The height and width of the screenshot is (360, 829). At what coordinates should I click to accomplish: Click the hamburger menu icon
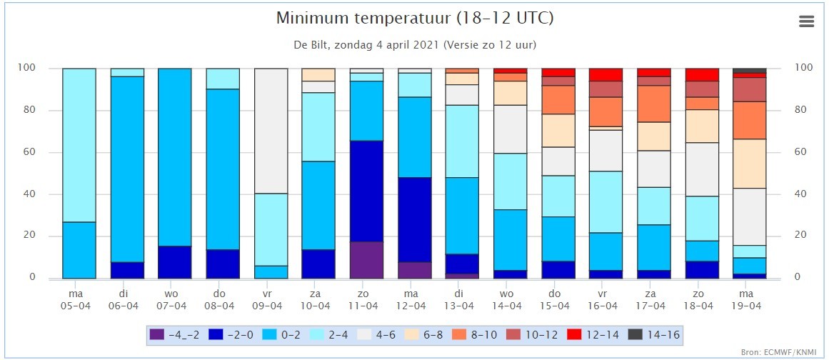[806, 21]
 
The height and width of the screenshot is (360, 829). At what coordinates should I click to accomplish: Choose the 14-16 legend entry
[654, 334]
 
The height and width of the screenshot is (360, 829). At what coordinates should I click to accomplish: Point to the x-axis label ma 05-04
[79, 300]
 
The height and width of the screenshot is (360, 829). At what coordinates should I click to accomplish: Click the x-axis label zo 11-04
[367, 300]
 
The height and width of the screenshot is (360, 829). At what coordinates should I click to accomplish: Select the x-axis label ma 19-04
[750, 300]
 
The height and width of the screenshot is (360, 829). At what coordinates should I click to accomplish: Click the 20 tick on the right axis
[801, 236]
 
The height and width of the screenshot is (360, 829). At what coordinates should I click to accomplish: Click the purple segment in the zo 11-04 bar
[367, 260]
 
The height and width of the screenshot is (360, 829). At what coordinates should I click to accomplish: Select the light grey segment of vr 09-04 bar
[271, 131]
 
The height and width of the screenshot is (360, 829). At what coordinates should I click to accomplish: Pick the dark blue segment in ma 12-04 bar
[415, 220]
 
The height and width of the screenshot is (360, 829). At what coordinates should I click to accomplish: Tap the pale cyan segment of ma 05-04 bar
[79, 146]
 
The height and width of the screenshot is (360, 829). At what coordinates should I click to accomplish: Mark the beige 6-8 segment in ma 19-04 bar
[750, 164]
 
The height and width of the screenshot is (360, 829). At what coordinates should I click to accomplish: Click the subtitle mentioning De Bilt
[415, 45]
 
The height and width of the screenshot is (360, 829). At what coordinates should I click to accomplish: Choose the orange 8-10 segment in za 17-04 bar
[654, 104]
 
